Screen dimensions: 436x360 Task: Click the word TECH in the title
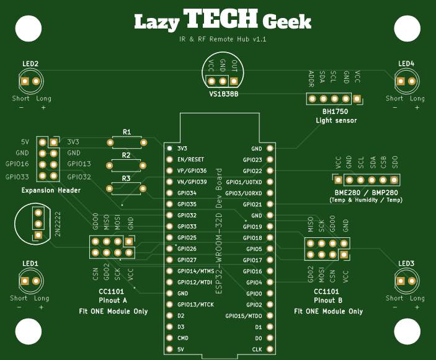220,19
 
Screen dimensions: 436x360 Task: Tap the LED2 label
30,64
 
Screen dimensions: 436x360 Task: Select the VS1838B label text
223,94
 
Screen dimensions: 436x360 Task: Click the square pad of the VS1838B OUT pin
234,81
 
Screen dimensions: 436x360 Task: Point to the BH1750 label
335,112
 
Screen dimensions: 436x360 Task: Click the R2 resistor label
126,156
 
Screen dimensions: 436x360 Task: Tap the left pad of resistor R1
110,143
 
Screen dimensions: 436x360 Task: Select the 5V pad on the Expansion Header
42,143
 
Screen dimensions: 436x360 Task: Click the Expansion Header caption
51,190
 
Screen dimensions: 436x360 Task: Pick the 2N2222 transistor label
58,224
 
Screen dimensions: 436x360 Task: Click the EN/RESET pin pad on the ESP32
169,159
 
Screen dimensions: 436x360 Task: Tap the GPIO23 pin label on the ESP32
252,160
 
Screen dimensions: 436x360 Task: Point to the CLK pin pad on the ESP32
270,349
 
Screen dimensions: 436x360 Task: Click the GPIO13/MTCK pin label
195,305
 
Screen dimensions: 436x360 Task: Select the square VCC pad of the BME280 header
338,180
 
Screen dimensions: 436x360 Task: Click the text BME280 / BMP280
366,193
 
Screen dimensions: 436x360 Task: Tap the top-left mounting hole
29,29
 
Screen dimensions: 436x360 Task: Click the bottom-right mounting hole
407,331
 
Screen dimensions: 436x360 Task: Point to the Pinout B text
328,301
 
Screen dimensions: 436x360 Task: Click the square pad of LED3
401,281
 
